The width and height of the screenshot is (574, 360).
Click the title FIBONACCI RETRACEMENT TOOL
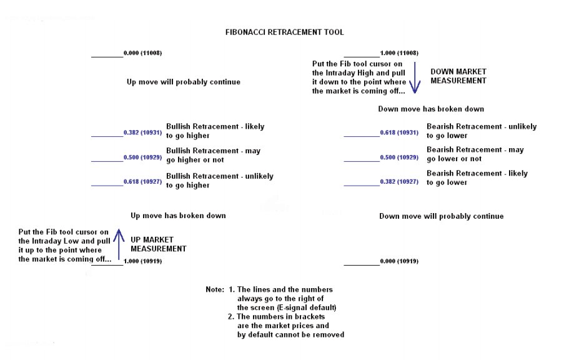pyautogui.click(x=284, y=32)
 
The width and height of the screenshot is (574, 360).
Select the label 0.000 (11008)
pyautogui.click(x=143, y=53)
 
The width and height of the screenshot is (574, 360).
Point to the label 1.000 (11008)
pyautogui.click(x=399, y=53)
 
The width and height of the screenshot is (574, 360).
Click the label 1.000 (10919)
pyautogui.click(x=143, y=261)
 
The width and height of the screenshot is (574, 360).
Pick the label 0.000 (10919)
pyautogui.click(x=399, y=261)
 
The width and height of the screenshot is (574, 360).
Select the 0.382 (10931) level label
pyautogui.click(x=143, y=132)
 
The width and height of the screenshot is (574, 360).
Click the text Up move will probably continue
pyautogui.click(x=183, y=82)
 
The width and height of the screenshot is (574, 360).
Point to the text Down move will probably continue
pyautogui.click(x=441, y=216)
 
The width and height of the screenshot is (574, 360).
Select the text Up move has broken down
pyautogui.click(x=178, y=216)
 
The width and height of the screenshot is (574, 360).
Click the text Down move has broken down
pyautogui.click(x=431, y=109)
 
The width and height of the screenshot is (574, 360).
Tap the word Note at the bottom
pyautogui.click(x=214, y=290)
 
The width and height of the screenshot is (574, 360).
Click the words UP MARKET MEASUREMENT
pyautogui.click(x=158, y=244)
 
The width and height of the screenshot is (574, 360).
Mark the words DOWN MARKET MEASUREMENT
pyautogui.click(x=458, y=76)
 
